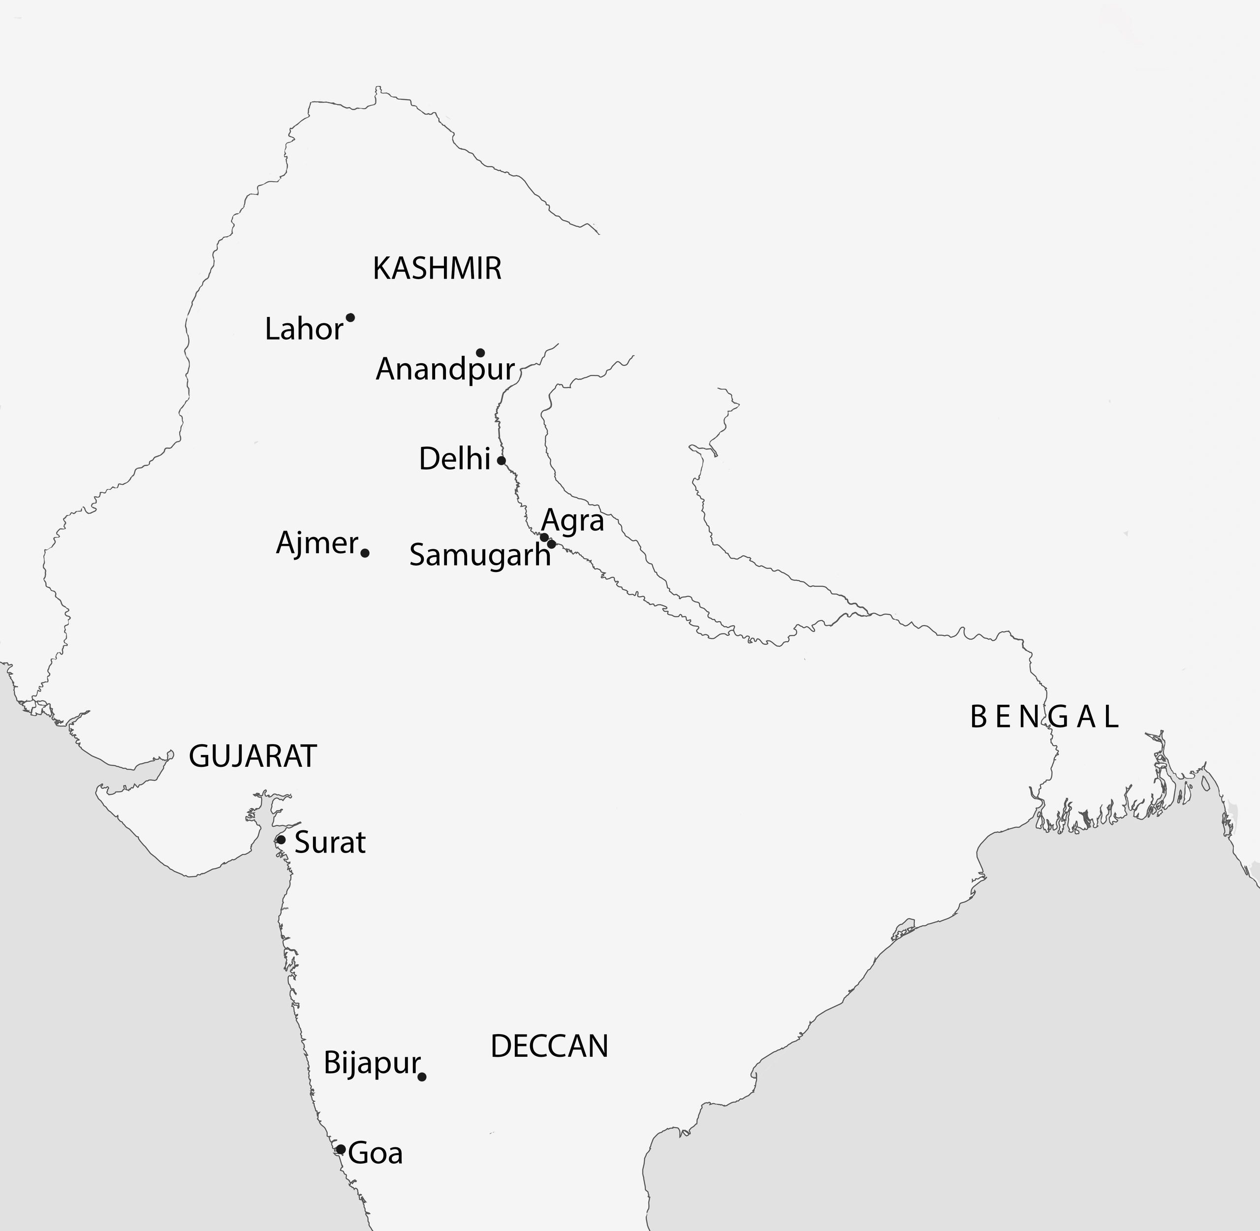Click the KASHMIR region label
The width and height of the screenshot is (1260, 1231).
pos(437,268)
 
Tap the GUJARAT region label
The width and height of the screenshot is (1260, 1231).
pos(253,756)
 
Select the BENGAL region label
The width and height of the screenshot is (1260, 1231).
pos(1044,717)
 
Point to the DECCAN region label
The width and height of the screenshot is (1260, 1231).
pos(549,1046)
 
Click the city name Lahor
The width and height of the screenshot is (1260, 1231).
pos(304,329)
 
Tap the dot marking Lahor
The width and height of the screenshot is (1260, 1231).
pos(350,317)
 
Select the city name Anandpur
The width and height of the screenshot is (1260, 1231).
pos(445,370)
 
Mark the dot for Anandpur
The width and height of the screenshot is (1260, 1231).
pos(480,352)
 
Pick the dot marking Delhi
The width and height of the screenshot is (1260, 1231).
pos(501,460)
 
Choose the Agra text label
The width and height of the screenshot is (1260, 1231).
pos(573,520)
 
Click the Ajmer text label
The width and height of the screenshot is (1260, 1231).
pos(317,543)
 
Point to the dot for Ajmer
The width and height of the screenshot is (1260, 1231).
pos(365,553)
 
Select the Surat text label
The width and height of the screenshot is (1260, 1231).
pos(330,843)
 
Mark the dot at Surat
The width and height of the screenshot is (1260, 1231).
pos(281,840)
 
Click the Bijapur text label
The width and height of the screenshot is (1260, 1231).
pos(372,1063)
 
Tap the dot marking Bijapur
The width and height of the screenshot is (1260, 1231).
pos(421,1076)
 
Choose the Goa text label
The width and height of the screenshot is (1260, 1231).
pos(376,1153)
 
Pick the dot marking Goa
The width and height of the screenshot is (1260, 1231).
pos(340,1149)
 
